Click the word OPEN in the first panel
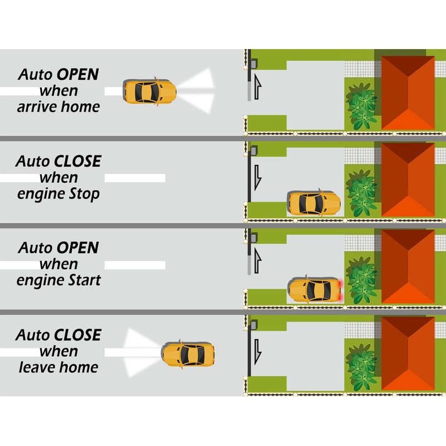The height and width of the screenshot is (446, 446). tap(77, 74)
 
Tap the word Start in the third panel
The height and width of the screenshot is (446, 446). tap(81, 280)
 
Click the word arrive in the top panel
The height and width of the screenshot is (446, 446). tap(36, 107)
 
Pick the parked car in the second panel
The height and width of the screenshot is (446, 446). tap(314, 203)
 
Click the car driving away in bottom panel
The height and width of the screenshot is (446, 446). tap(188, 354)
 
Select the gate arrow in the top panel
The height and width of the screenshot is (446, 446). tap(257, 87)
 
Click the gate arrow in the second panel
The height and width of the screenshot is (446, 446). tap(257, 176)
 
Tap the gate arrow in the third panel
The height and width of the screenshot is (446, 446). tap(257, 261)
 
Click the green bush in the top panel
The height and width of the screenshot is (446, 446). tap(361, 106)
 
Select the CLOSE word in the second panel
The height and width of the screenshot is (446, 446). tap(77, 161)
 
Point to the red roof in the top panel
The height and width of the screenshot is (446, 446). tap(408, 92)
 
